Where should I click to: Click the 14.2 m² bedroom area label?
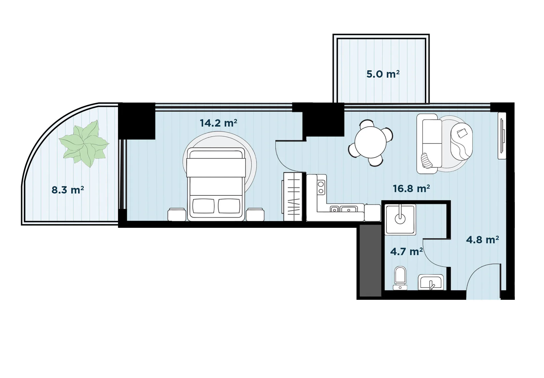[218, 123]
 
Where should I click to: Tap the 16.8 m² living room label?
[411, 189]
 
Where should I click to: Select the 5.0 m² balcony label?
[383, 74]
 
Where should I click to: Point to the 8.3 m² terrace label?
[68, 190]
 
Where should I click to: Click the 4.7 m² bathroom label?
[406, 252]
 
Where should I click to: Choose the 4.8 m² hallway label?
[482, 240]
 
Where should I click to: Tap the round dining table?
[370, 142]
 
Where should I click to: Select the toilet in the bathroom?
[400, 278]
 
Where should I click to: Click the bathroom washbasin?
[431, 282]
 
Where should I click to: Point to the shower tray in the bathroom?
[400, 220]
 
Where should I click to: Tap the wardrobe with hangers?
[293, 197]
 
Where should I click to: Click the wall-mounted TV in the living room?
[502, 136]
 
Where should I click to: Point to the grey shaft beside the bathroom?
[370, 261]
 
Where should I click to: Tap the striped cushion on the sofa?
[427, 160]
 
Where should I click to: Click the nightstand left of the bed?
[177, 215]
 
